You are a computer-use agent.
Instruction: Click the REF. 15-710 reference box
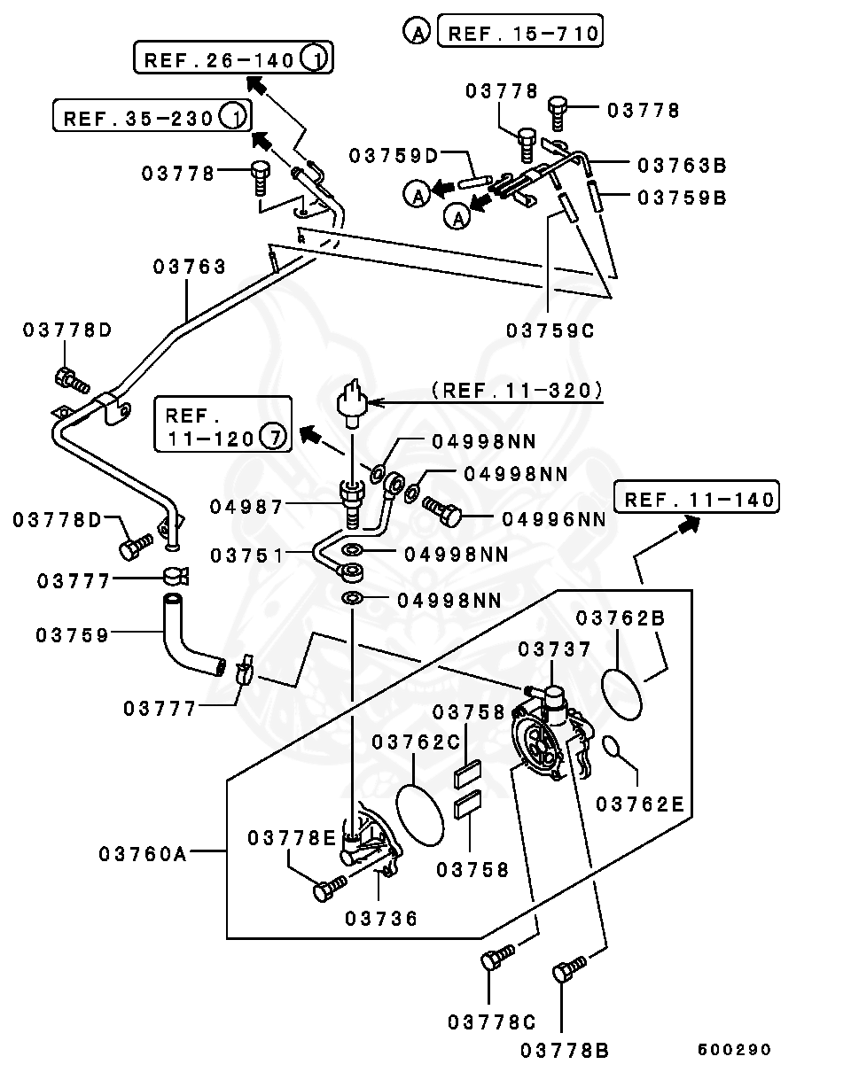(523, 34)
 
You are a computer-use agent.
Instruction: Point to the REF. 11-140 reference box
(699, 499)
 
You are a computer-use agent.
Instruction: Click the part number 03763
(190, 267)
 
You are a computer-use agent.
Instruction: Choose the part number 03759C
(550, 330)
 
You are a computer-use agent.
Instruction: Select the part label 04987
(246, 507)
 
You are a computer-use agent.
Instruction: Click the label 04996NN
(554, 519)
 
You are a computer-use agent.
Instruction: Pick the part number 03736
(381, 918)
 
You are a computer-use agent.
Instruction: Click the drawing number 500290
(734, 1050)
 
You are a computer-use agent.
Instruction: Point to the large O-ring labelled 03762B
(621, 694)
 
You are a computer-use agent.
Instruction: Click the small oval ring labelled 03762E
(612, 748)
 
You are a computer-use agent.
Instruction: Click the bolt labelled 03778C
(495, 959)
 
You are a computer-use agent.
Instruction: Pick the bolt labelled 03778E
(330, 887)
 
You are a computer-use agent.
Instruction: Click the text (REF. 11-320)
(517, 389)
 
